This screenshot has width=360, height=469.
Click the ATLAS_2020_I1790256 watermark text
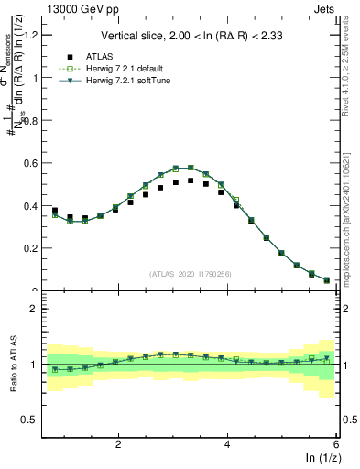(x=191, y=274)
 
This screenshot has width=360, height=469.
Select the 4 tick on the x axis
(x=227, y=444)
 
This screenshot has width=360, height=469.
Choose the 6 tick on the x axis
(x=335, y=444)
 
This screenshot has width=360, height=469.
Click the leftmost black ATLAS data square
(x=55, y=211)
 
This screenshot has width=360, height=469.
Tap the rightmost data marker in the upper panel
(x=327, y=280)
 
